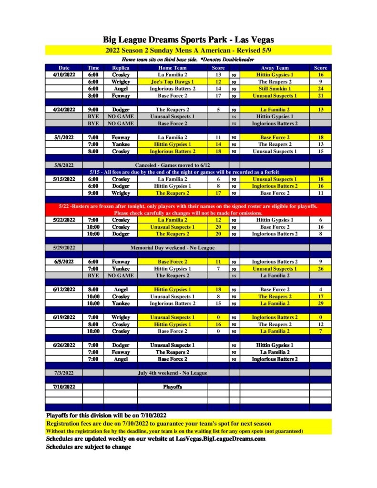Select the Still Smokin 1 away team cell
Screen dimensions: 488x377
click(275, 89)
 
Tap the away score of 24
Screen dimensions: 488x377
click(320, 89)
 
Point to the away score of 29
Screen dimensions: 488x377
click(320, 303)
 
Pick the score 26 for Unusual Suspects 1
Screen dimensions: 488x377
click(320, 269)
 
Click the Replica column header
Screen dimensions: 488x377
click(121, 68)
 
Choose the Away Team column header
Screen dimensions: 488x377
click(275, 68)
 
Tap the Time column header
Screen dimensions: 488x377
click(93, 68)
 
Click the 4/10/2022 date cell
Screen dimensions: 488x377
click(64, 75)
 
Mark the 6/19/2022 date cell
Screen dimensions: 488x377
click(64, 317)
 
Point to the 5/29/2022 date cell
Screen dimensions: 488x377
click(64, 248)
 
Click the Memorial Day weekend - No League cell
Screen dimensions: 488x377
click(172, 248)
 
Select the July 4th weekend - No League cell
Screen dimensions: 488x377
click(172, 373)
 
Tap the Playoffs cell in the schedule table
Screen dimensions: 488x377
click(172, 387)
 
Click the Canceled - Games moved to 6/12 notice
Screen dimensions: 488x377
click(172, 165)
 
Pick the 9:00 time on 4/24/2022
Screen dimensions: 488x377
click(93, 110)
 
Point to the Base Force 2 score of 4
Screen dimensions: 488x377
click(320, 289)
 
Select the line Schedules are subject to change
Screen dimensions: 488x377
click(88, 447)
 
